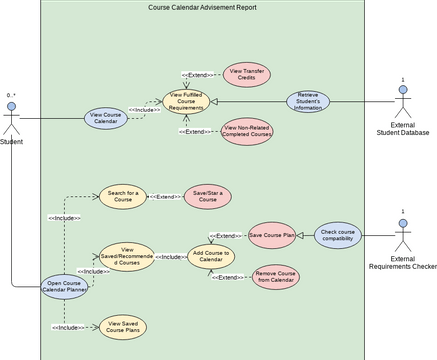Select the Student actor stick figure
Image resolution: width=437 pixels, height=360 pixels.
click(12, 119)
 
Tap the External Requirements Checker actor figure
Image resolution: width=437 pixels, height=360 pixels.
click(403, 235)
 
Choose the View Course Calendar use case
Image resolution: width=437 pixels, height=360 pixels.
click(106, 118)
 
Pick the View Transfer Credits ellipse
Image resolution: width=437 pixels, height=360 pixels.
click(245, 72)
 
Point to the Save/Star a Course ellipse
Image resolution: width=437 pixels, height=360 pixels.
click(207, 197)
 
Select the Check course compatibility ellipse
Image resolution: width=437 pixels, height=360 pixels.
click(338, 235)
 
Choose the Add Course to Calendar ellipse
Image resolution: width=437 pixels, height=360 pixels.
click(212, 257)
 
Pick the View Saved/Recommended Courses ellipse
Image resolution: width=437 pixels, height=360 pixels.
click(127, 257)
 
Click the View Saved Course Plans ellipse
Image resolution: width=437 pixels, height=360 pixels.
click(124, 326)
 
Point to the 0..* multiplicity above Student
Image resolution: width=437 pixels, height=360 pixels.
click(10, 95)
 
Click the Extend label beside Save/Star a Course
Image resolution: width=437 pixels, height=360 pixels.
click(165, 197)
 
